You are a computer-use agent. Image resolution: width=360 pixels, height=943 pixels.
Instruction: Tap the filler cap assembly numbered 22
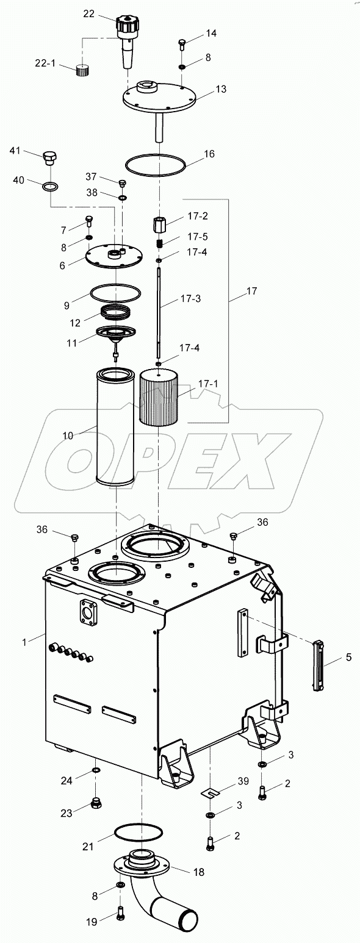point(128,37)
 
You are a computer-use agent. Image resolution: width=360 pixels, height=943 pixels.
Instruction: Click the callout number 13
point(220,89)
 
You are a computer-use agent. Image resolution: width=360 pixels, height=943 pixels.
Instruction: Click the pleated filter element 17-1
point(158,399)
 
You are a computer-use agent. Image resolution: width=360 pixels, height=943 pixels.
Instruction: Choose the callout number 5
point(348,658)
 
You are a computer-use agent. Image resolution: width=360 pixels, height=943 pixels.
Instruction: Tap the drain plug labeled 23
point(96,803)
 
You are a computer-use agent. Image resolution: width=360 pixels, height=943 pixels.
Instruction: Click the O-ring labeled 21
point(139,832)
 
